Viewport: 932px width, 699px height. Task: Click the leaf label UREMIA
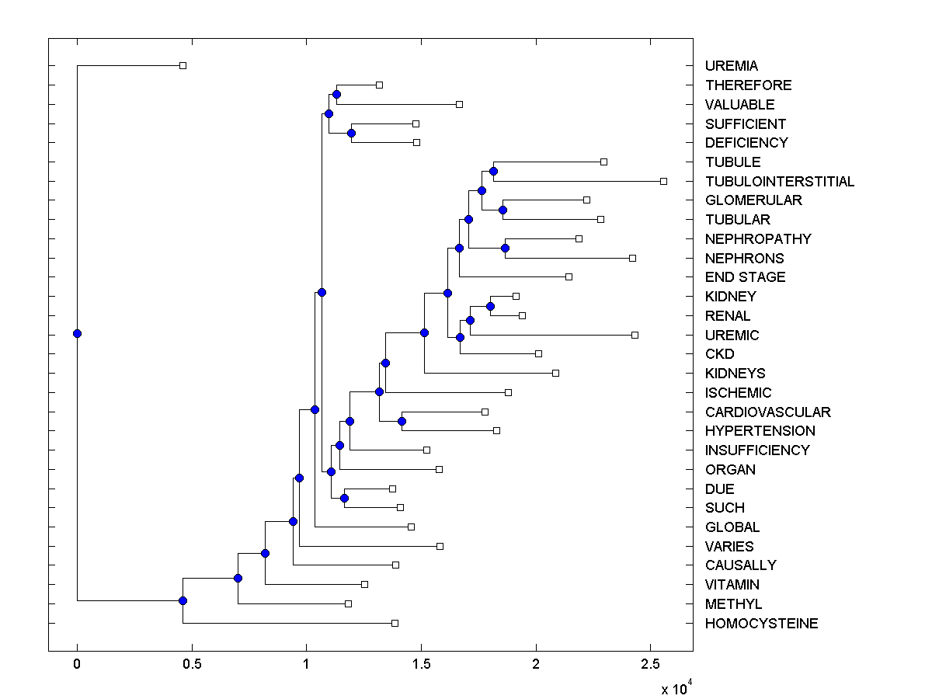coord(731,66)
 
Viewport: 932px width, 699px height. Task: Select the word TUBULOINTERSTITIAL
coord(780,181)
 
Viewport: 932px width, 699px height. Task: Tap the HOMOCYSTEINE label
coord(761,624)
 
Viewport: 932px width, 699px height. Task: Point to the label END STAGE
coord(745,277)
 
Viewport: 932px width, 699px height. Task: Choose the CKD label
coord(719,354)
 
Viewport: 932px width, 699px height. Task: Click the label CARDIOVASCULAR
coord(767,412)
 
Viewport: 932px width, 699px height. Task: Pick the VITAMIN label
coord(732,585)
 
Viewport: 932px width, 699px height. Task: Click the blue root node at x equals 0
coord(77,333)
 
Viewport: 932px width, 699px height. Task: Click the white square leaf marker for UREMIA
coord(183,66)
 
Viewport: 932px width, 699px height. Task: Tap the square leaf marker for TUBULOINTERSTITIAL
coord(663,181)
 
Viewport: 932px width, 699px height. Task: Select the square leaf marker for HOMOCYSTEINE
coord(395,623)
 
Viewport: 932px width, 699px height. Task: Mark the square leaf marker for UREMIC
coord(635,335)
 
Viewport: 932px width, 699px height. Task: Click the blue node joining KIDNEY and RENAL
coord(490,306)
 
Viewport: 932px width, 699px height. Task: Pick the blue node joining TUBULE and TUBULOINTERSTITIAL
coord(493,171)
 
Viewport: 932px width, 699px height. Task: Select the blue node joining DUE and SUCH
coord(344,498)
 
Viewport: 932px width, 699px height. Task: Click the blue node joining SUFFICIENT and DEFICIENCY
coord(351,133)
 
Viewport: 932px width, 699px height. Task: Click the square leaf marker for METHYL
coord(348,603)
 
